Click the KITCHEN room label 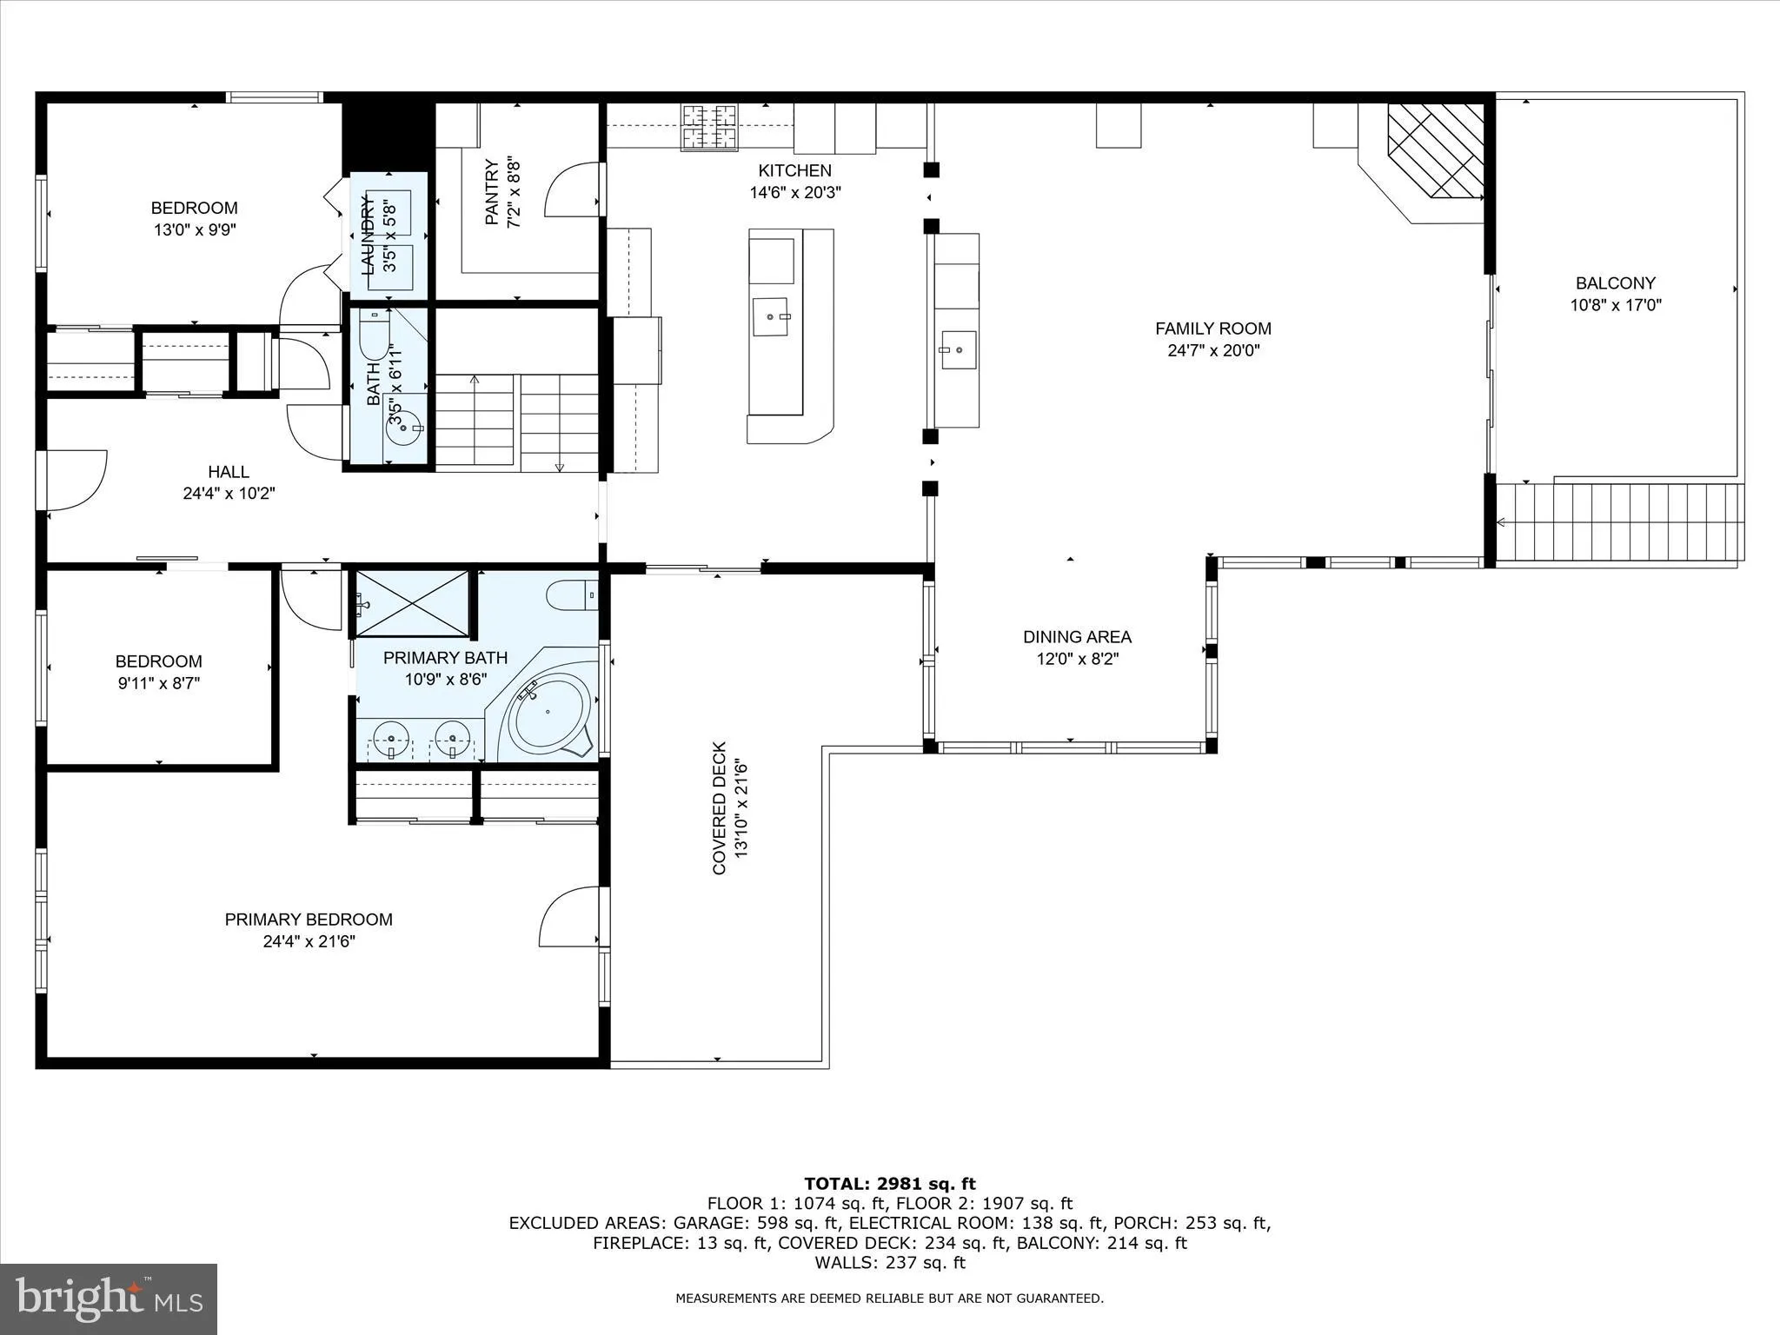coord(794,171)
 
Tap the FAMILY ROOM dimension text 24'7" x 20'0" coord(1213,351)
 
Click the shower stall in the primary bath coord(412,602)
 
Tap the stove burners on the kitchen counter coord(708,127)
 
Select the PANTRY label coord(492,193)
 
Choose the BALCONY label coord(1615,283)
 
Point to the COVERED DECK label coord(720,807)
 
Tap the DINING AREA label coord(1077,637)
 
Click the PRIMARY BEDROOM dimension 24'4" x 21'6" coord(309,941)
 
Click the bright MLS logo coord(108,1298)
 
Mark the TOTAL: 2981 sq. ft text coord(889,1184)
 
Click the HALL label coord(229,472)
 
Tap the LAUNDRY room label coord(368,236)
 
